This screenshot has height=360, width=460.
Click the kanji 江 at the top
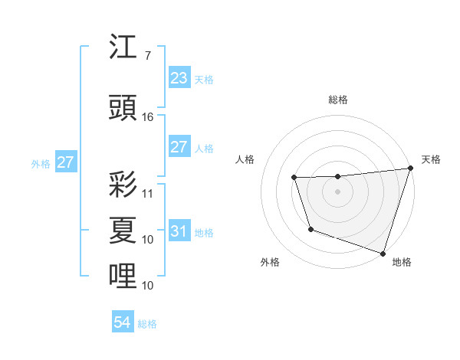123,47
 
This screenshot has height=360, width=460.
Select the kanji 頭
123,107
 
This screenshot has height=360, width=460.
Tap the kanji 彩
123,185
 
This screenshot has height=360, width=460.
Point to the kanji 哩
123,273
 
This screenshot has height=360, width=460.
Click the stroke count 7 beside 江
148,56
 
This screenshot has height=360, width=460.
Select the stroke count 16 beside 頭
148,117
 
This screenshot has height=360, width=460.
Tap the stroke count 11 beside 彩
148,194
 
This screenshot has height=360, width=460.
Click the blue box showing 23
179,78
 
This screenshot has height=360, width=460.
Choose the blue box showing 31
179,231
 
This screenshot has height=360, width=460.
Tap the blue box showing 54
122,322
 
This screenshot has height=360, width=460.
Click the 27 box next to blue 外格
65,162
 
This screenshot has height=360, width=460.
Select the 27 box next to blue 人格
179,147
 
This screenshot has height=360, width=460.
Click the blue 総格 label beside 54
147,324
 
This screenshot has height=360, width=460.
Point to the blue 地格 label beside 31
204,233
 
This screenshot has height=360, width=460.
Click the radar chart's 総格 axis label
338,100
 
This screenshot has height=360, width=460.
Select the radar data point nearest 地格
383,253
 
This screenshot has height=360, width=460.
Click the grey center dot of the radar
338,192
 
